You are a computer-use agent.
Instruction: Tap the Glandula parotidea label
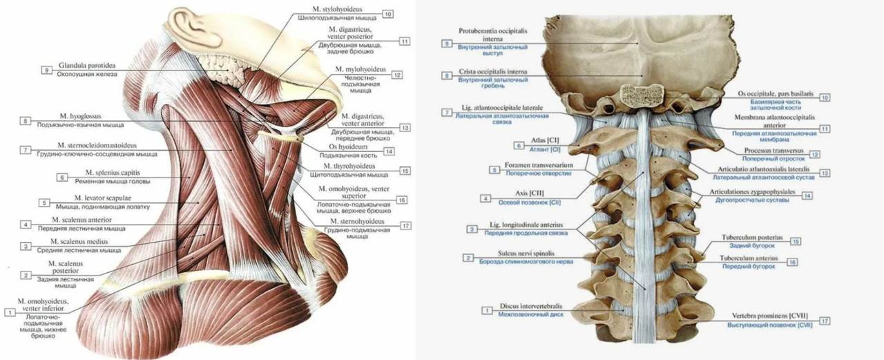coord(87,65)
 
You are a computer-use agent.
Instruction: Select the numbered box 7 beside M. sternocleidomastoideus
coord(25,150)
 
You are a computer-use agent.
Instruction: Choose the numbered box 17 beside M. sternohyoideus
coord(405,225)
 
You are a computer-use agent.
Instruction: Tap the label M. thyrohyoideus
coord(349,167)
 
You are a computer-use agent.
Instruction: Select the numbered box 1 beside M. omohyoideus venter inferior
coord(10,312)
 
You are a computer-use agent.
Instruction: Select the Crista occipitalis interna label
coord(492,72)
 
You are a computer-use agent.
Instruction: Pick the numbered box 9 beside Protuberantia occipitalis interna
coord(447,44)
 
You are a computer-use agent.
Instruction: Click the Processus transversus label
coord(772,150)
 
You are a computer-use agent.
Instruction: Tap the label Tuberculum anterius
coord(758,258)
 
